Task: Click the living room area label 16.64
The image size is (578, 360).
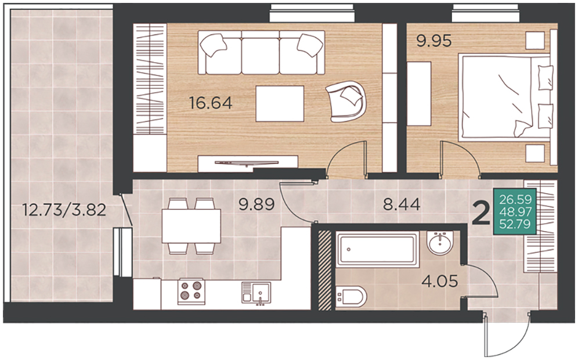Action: [211, 103]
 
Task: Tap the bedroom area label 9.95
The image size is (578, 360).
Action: [434, 41]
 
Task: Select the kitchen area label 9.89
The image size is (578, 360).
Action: [257, 204]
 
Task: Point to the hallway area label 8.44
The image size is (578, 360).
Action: [402, 204]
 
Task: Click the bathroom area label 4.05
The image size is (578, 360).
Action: [440, 282]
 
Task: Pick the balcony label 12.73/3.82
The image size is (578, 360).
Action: [64, 210]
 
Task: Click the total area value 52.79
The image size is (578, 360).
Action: [515, 224]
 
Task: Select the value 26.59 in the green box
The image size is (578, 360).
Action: [515, 200]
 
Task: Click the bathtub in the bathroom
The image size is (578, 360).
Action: [378, 250]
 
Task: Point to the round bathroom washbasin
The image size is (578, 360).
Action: [440, 243]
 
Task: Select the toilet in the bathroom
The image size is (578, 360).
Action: [351, 297]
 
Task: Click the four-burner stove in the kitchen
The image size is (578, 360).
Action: [192, 291]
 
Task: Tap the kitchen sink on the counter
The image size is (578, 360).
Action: [256, 293]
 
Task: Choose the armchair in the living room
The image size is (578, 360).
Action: [346, 102]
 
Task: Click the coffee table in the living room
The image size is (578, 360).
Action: [280, 104]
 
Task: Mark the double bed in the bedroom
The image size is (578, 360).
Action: [505, 98]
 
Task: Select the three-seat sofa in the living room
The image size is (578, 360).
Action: [261, 52]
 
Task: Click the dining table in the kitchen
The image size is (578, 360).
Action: [192, 226]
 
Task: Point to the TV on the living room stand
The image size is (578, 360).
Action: [247, 163]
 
